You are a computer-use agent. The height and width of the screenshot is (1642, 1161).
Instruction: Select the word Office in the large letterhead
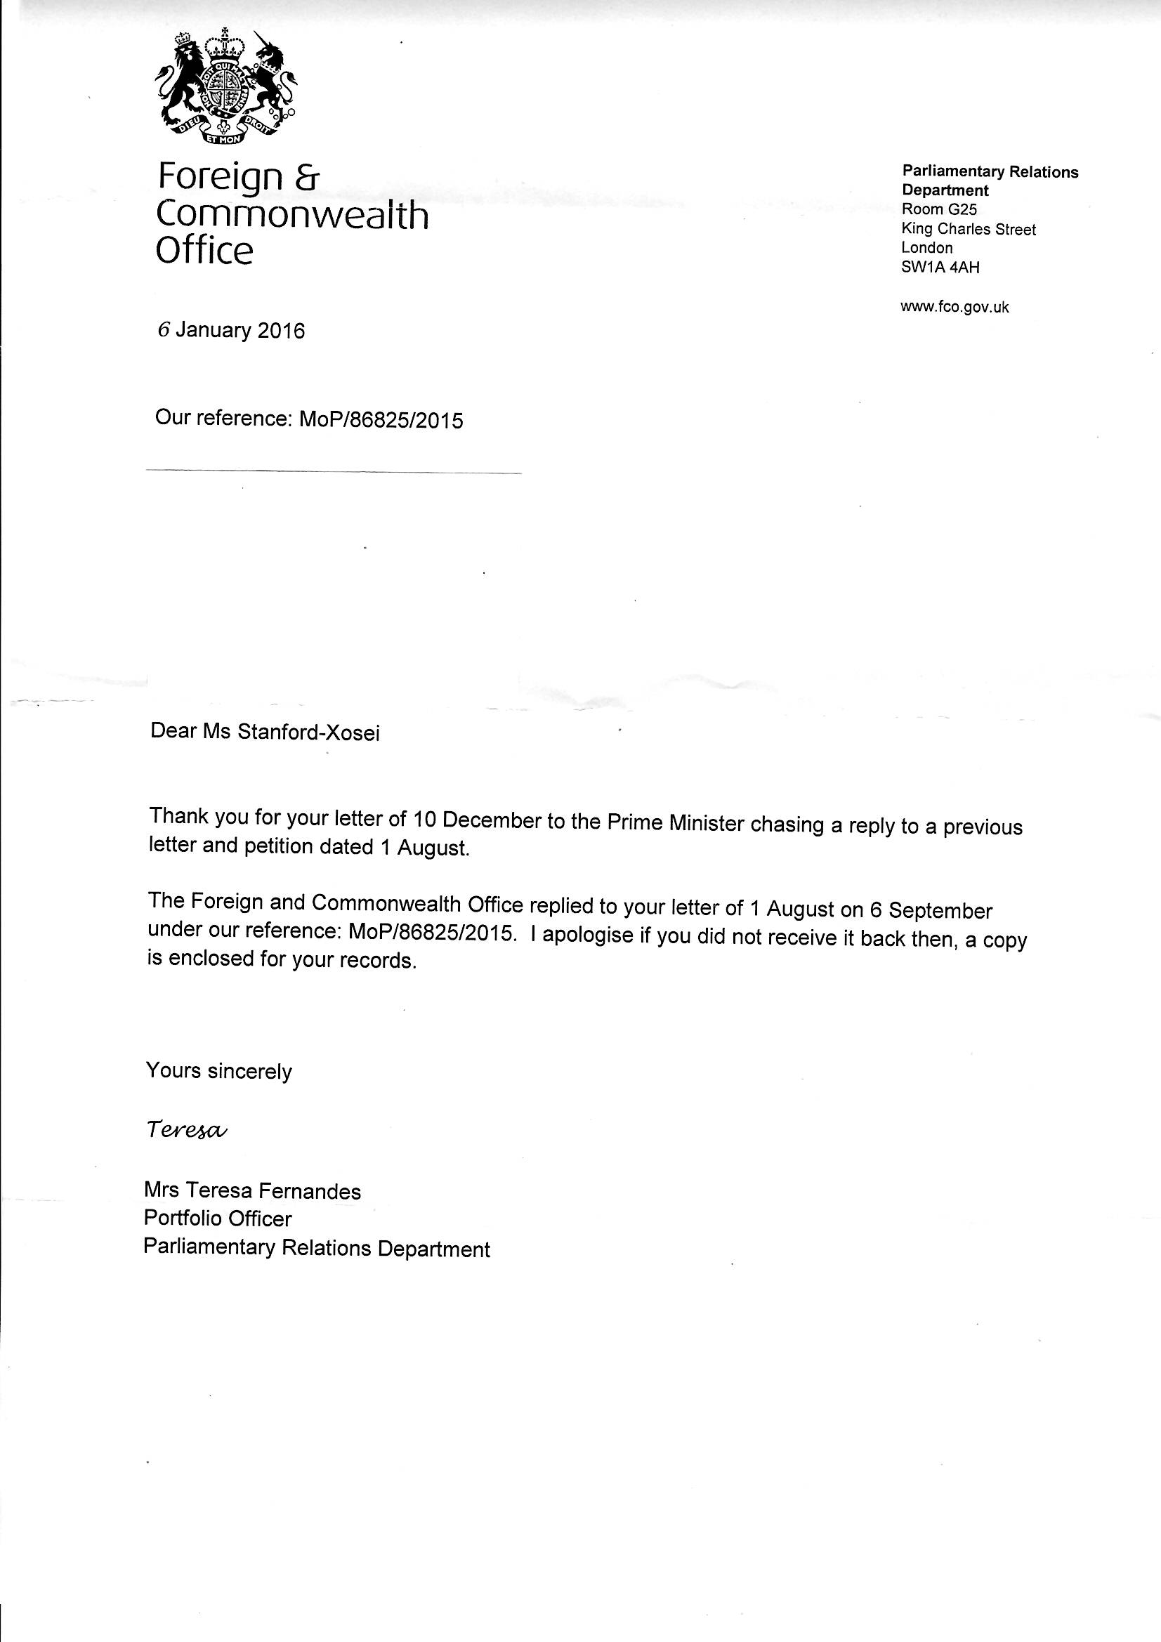[x=204, y=251]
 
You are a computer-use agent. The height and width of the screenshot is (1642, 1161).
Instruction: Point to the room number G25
[x=963, y=209]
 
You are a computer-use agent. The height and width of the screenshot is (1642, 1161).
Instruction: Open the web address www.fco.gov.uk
[x=955, y=307]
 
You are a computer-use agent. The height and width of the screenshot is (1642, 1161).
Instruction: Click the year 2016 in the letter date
[x=280, y=331]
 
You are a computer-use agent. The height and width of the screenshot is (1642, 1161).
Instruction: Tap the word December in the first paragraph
[x=490, y=820]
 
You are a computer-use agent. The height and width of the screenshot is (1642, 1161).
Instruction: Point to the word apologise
[x=588, y=936]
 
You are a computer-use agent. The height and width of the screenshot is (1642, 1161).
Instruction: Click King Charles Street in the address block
[x=969, y=230]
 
